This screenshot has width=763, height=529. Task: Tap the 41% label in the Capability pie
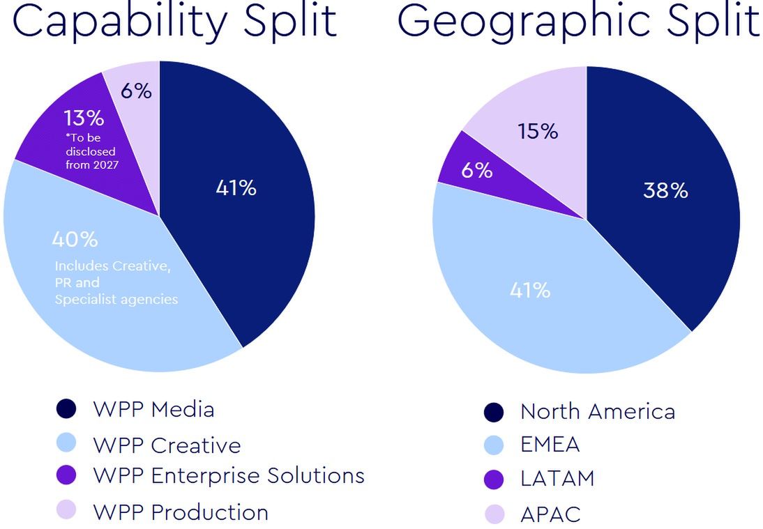[x=236, y=188]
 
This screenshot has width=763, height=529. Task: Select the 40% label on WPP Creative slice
[x=75, y=240]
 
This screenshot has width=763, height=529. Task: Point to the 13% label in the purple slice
[x=84, y=118]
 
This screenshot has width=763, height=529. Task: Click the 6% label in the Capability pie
[x=136, y=91]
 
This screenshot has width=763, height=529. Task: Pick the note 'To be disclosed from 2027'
[x=91, y=151]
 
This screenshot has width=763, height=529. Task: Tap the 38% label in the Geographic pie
[x=665, y=190]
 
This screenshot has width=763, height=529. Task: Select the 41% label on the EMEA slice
[x=530, y=290]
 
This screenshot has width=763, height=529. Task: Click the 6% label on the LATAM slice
[x=476, y=169]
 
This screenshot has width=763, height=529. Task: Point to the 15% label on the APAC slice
[x=538, y=131]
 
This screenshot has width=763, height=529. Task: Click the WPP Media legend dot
[x=66, y=409]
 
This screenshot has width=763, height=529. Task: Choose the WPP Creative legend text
[x=167, y=445]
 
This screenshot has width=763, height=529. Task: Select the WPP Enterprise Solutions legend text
[x=229, y=476]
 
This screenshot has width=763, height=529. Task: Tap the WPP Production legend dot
[x=66, y=511]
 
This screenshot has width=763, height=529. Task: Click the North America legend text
[x=598, y=411]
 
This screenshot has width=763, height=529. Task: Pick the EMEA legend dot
[x=494, y=445]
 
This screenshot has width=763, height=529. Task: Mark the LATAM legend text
[x=557, y=479]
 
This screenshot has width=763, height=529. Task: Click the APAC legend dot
[x=494, y=514]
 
